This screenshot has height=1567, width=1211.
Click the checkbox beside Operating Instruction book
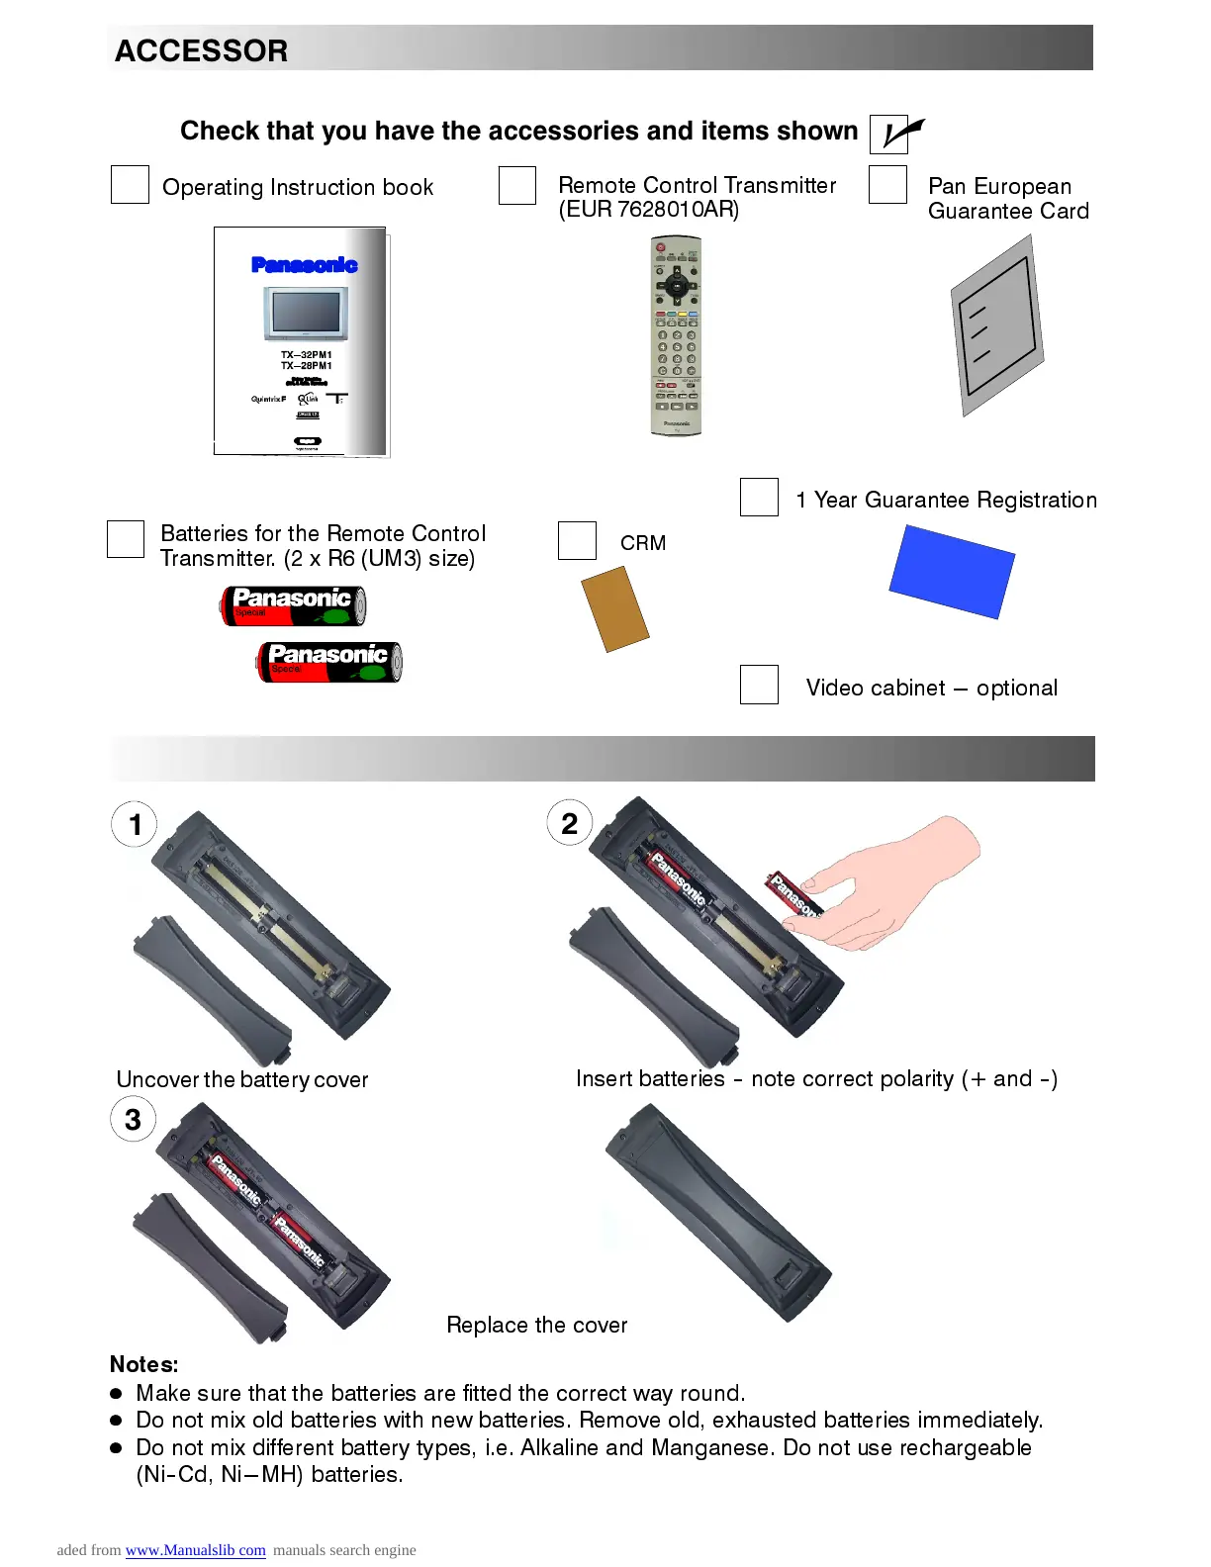coord(130,185)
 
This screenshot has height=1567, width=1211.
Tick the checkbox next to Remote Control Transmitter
coord(516,185)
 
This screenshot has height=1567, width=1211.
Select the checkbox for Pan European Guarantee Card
coord(887,185)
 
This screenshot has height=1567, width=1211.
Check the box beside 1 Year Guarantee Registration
coord(759,497)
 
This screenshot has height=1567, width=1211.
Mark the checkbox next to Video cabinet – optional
coord(759,685)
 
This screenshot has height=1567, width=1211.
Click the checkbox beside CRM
coord(577,541)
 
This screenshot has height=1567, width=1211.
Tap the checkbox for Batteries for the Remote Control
coord(126,539)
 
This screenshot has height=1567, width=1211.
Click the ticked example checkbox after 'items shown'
coord(889,134)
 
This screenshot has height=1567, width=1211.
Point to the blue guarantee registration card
coord(952,572)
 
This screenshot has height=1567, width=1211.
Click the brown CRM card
coord(614,608)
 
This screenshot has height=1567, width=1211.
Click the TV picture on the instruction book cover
coord(306,313)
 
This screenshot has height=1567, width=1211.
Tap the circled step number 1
coord(136,824)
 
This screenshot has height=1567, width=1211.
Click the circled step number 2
coord(570,824)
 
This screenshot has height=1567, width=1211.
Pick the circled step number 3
coord(134,1120)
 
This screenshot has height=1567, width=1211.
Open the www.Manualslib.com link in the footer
coord(195,1550)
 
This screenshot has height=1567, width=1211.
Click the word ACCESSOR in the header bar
coord(201,50)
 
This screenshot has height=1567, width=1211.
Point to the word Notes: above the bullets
coord(144,1364)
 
